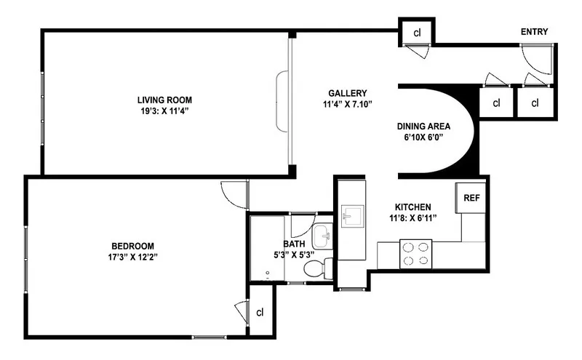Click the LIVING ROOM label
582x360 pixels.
[x=164, y=100]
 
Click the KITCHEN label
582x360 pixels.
[x=412, y=207]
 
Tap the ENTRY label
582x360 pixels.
[x=534, y=31]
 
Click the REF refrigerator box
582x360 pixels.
[x=471, y=198]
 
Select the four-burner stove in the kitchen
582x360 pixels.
[x=416, y=253]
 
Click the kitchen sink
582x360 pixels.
[x=353, y=215]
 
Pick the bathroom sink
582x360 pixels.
[x=322, y=235]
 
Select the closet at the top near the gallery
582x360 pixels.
[x=417, y=33]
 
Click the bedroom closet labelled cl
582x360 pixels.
[x=260, y=312]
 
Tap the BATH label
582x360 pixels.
[x=294, y=244]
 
